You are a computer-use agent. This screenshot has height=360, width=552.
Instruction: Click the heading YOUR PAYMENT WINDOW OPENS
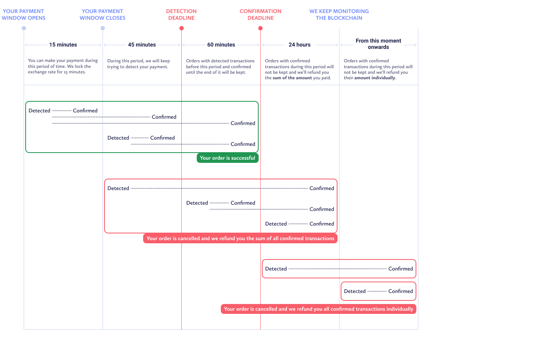click(23, 15)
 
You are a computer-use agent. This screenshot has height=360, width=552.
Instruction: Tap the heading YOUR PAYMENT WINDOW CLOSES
click(103, 15)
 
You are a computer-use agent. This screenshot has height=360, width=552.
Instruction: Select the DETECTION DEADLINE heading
click(181, 15)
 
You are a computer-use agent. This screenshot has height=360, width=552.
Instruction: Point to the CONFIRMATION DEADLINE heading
click(261, 15)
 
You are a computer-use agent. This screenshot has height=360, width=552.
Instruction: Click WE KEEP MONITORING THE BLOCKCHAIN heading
click(339, 15)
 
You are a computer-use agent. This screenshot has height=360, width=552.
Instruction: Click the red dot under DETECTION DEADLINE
click(182, 28)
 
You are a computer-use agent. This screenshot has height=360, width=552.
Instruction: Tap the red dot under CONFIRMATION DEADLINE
click(261, 28)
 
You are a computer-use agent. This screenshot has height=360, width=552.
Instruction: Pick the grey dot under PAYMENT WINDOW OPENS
click(24, 28)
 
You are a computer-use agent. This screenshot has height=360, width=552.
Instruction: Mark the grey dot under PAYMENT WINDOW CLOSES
click(103, 28)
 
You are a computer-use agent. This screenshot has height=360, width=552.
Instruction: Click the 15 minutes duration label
click(63, 45)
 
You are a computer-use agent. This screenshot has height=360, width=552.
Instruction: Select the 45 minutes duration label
click(142, 45)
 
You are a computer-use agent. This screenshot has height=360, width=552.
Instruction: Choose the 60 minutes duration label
click(221, 45)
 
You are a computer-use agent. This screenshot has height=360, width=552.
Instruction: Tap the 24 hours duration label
click(300, 45)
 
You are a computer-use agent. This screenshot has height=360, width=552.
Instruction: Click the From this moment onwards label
click(379, 44)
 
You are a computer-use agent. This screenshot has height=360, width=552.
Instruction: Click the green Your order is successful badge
click(228, 158)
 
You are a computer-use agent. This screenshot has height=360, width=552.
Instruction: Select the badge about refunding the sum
click(240, 238)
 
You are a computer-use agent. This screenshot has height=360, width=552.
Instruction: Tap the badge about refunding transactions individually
click(319, 309)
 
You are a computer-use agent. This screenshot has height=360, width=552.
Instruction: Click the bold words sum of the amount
click(292, 78)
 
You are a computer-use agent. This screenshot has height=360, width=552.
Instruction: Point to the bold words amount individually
click(375, 78)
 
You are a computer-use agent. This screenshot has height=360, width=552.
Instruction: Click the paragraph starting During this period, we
click(138, 63)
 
